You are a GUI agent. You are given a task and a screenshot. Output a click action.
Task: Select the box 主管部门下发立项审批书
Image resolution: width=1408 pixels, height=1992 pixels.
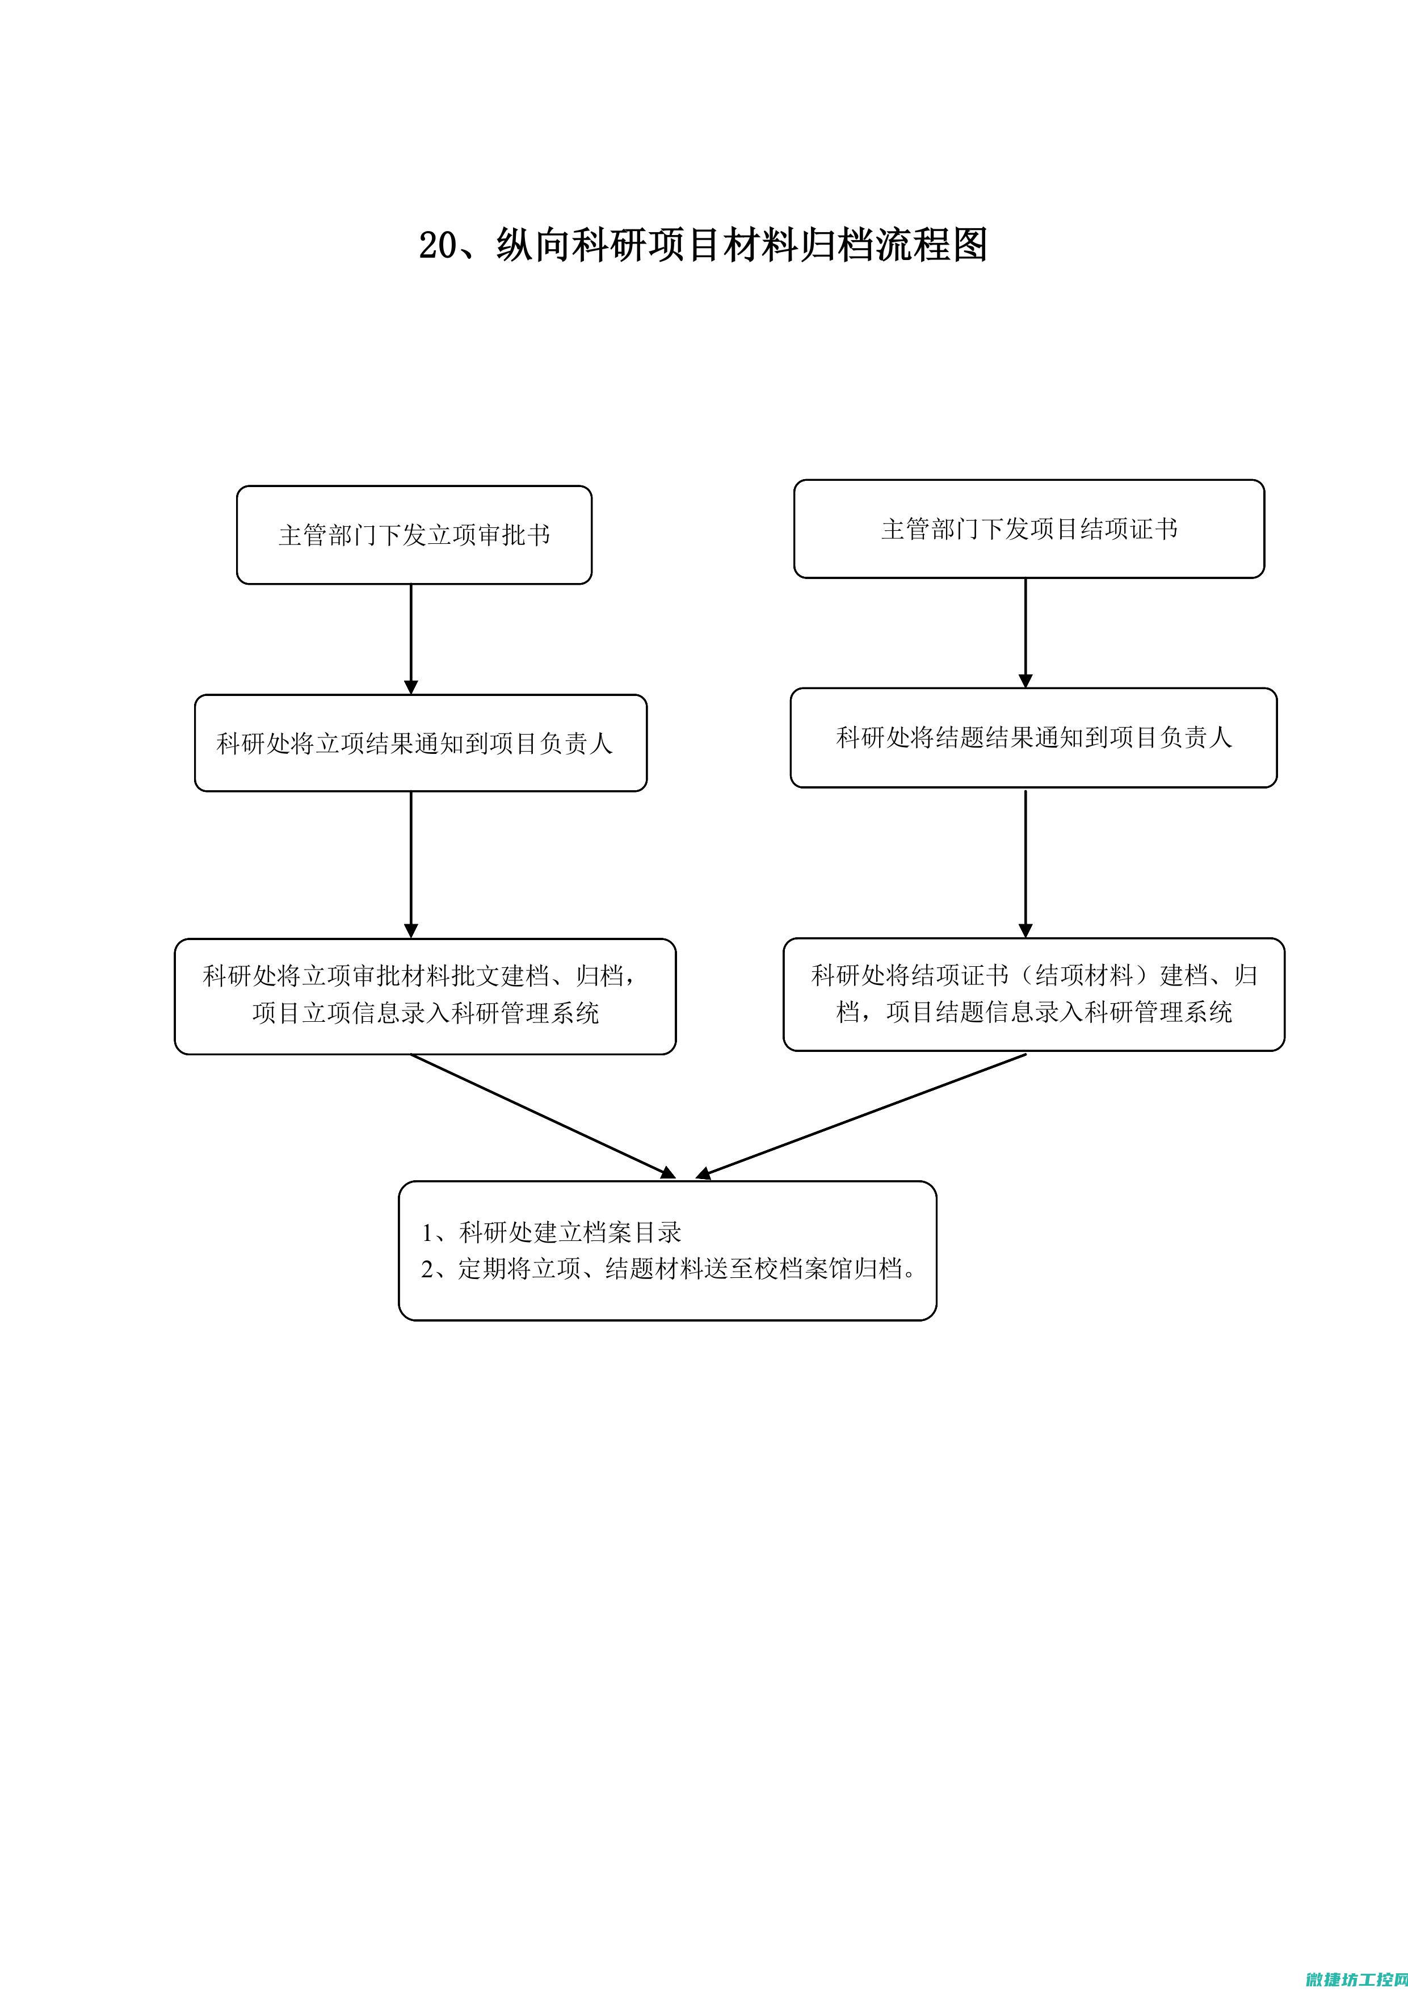pyautogui.click(x=414, y=534)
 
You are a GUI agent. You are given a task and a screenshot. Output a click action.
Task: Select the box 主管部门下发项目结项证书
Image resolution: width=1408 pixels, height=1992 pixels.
pyautogui.click(x=1029, y=529)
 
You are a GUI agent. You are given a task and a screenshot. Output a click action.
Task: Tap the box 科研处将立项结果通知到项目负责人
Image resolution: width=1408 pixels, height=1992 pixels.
pyautogui.click(x=421, y=743)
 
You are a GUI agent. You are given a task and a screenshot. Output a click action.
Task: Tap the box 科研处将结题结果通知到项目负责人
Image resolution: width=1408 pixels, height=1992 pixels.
pyautogui.click(x=1033, y=737)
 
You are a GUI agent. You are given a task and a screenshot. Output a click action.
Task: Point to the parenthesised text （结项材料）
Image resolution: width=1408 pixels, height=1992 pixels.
pyautogui.click(x=1085, y=975)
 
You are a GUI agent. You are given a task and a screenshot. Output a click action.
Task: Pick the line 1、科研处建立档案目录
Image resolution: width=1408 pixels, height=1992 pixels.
pyautogui.click(x=552, y=1232)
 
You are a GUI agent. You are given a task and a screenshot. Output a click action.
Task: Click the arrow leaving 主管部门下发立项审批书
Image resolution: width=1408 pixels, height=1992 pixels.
pyautogui.click(x=411, y=639)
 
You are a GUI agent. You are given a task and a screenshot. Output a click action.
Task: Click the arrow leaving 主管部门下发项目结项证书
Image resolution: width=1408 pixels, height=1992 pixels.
pyautogui.click(x=1025, y=634)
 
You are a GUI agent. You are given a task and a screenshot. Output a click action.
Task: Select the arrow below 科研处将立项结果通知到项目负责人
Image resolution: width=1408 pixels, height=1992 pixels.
pyautogui.click(x=411, y=865)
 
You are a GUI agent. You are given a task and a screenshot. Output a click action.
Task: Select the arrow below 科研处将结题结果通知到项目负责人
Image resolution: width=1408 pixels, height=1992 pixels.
pyautogui.click(x=1025, y=863)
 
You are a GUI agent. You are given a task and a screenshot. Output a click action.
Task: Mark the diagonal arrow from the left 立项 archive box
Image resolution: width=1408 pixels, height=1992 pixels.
pyautogui.click(x=543, y=1117)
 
